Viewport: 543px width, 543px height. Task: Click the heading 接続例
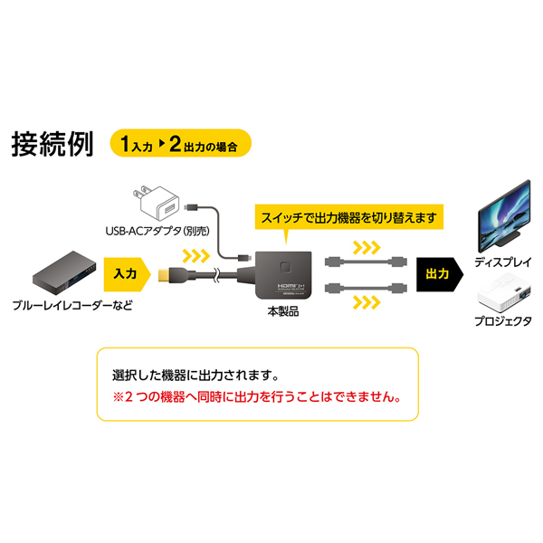coord(52,143)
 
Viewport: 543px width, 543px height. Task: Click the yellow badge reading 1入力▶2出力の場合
coord(178,143)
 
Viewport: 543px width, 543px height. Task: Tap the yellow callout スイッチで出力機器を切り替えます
coord(348,218)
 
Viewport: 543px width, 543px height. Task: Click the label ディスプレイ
coord(503,262)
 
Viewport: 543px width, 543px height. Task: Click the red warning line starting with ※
coord(256,397)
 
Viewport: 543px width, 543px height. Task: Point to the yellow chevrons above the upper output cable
coord(367,247)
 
